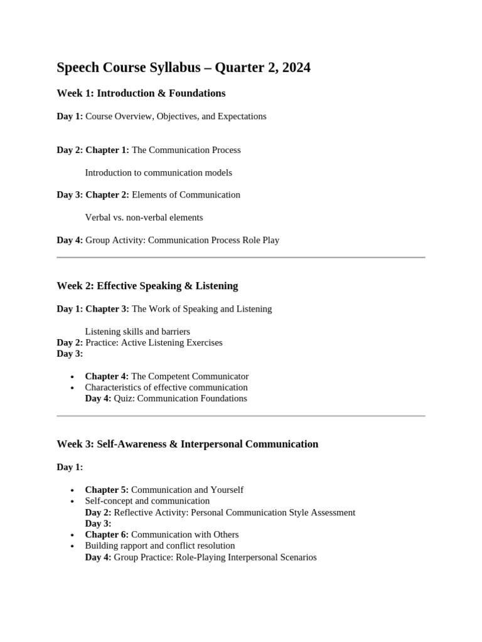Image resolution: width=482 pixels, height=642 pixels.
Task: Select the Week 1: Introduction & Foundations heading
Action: click(x=141, y=93)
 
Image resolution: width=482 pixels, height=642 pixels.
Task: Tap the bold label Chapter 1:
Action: click(x=107, y=150)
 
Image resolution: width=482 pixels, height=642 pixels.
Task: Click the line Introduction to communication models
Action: click(x=158, y=172)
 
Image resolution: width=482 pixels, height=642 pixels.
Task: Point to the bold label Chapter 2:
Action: click(x=107, y=195)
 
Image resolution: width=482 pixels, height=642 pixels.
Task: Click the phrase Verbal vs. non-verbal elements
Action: click(x=144, y=218)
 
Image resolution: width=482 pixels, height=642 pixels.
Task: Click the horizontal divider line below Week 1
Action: click(x=241, y=257)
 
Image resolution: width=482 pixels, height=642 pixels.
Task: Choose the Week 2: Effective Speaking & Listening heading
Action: click(x=147, y=286)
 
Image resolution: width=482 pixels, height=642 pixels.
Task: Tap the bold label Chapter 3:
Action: click(x=107, y=308)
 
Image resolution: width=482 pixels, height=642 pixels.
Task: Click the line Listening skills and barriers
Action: click(x=137, y=331)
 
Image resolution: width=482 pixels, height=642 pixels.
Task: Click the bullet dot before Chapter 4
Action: click(x=73, y=377)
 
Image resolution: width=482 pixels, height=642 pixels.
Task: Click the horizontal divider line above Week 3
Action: click(x=241, y=416)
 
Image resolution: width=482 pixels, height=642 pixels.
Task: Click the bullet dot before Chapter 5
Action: click(x=73, y=490)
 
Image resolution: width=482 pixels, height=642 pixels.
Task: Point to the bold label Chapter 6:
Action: click(x=107, y=535)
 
